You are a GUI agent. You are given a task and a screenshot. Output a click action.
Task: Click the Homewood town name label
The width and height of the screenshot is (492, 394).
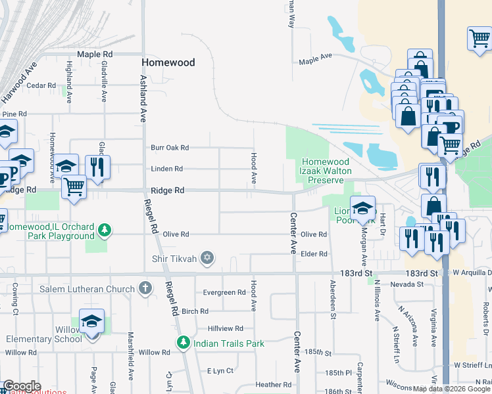click(x=168, y=62)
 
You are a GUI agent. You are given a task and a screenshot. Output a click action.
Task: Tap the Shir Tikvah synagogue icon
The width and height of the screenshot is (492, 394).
click(x=207, y=257)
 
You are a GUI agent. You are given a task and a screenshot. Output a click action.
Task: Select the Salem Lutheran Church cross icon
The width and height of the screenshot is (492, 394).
click(x=145, y=288)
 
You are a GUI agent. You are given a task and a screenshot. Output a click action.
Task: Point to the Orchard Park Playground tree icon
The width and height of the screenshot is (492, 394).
click(x=104, y=230)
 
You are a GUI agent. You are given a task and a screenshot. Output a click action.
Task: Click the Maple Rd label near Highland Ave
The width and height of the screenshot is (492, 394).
click(x=95, y=55)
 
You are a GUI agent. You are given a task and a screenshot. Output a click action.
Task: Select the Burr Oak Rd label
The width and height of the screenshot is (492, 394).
click(x=170, y=148)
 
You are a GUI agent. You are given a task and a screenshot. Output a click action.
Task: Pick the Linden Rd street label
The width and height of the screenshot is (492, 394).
click(x=166, y=169)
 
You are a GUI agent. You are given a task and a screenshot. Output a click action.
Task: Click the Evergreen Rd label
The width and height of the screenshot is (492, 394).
click(x=224, y=293)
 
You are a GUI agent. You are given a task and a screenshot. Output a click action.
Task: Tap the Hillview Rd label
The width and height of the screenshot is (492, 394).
click(x=226, y=328)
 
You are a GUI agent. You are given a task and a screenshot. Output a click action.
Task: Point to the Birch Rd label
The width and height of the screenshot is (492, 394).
click(x=195, y=311)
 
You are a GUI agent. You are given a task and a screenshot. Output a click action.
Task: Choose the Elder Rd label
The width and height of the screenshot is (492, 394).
click(x=314, y=254)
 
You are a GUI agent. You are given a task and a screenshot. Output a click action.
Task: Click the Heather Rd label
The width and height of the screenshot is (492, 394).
click(x=273, y=385)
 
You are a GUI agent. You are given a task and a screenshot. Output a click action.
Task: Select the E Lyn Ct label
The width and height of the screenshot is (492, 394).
click(x=220, y=371)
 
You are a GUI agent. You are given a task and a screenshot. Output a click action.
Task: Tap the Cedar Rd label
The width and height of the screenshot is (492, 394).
click(x=41, y=85)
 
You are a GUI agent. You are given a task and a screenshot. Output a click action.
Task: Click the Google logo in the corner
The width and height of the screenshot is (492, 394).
click(x=22, y=386)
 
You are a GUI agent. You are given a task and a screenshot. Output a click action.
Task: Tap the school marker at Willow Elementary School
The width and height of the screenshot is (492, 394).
click(x=91, y=323)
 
